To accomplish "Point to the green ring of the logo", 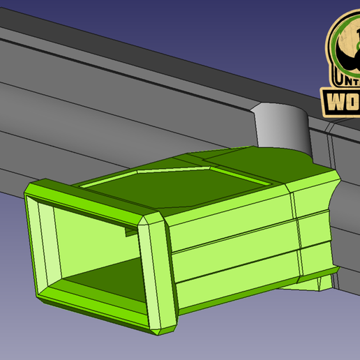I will (x=336, y=42).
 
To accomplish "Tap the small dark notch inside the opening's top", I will (x=128, y=233).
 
